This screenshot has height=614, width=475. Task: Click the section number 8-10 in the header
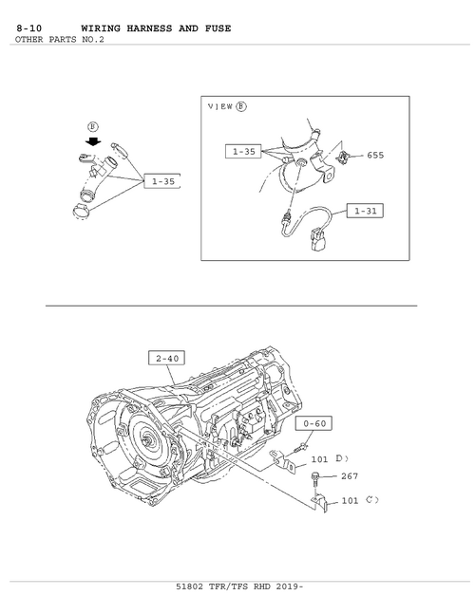click(29, 28)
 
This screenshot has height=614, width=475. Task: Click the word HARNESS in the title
click(149, 28)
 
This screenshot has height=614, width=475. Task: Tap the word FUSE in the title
click(218, 28)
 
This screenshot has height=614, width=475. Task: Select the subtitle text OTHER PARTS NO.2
click(60, 39)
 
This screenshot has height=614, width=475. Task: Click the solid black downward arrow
click(93, 140)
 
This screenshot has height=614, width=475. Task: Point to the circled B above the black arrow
click(93, 127)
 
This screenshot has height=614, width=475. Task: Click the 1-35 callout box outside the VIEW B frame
click(161, 181)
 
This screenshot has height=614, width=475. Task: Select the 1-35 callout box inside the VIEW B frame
click(243, 151)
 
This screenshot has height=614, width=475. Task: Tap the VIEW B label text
click(227, 106)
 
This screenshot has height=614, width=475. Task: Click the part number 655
click(375, 155)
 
